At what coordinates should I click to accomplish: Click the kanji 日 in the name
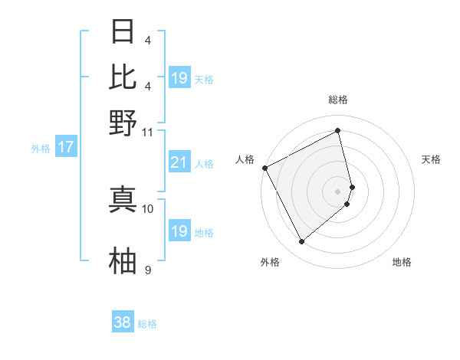point(123,31)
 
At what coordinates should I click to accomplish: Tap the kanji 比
point(123,77)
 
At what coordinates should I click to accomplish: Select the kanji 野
point(123,123)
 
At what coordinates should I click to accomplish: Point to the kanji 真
point(123,199)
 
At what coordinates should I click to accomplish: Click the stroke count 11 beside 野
point(148,132)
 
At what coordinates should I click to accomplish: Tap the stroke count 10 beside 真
point(148,208)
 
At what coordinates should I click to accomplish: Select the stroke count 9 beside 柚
point(148,270)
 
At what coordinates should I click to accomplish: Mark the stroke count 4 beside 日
point(148,40)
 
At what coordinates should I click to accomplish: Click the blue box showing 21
point(179,162)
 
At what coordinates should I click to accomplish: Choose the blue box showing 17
point(65,147)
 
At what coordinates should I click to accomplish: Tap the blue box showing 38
point(123,322)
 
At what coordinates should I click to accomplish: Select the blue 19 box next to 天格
point(179,78)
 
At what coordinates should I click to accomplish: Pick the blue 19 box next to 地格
point(179,231)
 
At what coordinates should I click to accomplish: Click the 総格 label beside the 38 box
point(147,324)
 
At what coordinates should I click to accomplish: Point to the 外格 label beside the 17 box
point(41,149)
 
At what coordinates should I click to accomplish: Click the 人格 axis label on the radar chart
point(245,159)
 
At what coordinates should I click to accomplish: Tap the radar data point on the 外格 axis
point(301,242)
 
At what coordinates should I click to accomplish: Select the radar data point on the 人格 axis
point(264,168)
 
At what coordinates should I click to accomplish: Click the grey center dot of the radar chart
point(337,191)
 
